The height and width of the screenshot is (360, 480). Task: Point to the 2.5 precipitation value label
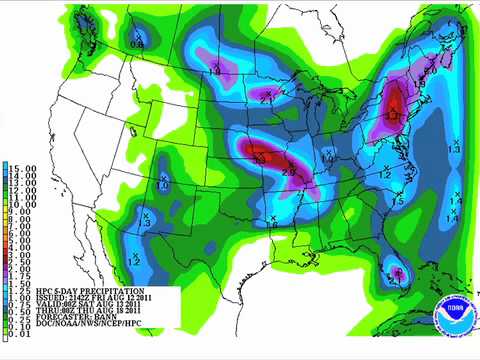pos(289,173)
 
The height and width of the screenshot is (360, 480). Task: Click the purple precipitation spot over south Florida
pos(397,271)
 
